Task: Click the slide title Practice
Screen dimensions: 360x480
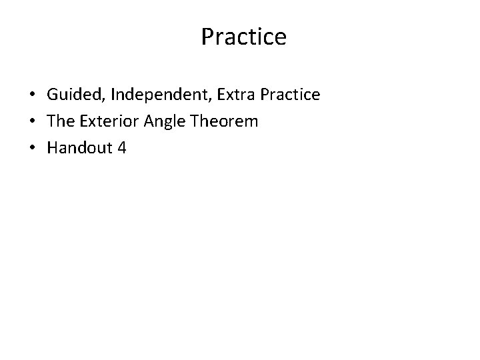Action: point(243,37)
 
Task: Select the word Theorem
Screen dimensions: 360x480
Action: point(224,121)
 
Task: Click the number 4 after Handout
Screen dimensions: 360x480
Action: point(121,147)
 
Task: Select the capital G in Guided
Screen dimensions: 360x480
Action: point(53,95)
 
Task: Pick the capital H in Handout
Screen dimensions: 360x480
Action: point(53,147)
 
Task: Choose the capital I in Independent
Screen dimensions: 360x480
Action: point(113,95)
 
